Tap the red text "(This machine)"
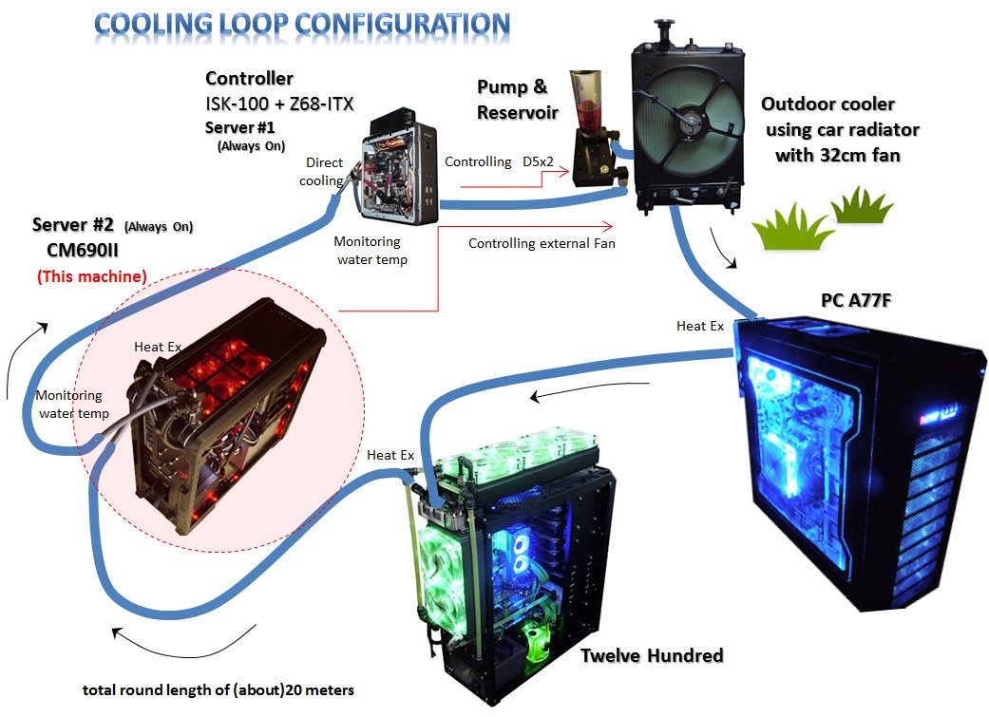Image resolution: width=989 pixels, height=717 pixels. (x=91, y=276)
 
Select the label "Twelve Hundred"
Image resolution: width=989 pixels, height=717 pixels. (x=652, y=655)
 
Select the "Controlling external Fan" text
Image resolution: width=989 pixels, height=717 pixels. (x=542, y=244)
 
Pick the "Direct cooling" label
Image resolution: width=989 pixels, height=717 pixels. (x=324, y=172)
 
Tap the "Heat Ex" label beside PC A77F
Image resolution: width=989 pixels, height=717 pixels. (x=699, y=326)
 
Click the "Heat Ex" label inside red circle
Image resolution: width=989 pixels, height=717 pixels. (x=157, y=347)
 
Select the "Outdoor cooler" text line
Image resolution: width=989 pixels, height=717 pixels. (x=828, y=104)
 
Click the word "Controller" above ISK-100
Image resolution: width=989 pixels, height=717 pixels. (x=249, y=79)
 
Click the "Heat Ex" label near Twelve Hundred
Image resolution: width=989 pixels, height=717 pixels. (x=390, y=456)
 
